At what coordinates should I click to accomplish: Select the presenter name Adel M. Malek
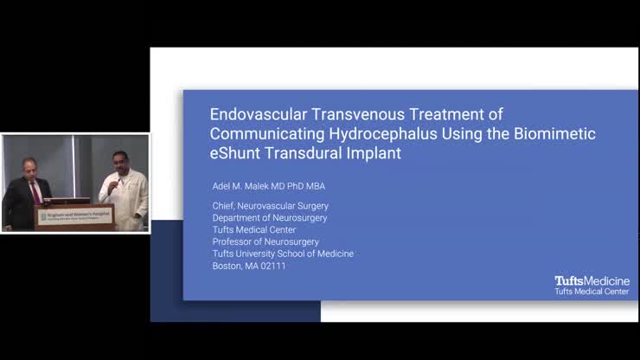click(x=245, y=186)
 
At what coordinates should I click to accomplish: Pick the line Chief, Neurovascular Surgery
click(x=270, y=206)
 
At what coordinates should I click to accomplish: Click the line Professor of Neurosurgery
click(x=266, y=242)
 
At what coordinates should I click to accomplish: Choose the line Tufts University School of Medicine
click(x=283, y=254)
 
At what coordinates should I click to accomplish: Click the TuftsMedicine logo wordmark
click(x=592, y=281)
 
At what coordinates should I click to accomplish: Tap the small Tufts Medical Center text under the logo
click(x=592, y=292)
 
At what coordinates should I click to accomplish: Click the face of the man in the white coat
click(x=120, y=162)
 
